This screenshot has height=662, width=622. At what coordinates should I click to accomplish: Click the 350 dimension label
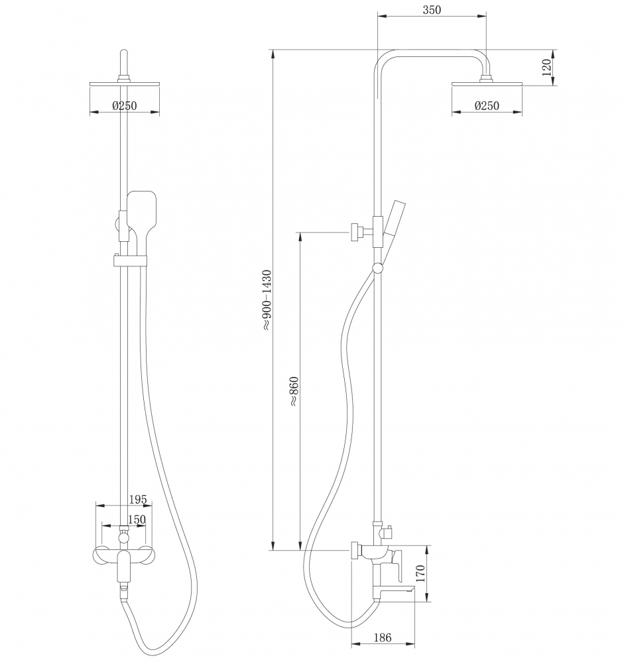click(432, 10)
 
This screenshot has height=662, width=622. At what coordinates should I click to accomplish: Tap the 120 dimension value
click(546, 68)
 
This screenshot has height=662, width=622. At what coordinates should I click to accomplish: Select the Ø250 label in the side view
click(487, 105)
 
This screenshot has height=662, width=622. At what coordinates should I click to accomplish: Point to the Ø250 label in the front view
click(125, 105)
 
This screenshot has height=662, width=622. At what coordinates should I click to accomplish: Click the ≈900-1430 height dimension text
click(267, 300)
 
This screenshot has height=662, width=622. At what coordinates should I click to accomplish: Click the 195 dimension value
click(138, 500)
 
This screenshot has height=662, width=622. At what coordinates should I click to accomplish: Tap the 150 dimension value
click(137, 520)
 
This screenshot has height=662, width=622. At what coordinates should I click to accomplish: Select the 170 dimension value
click(420, 573)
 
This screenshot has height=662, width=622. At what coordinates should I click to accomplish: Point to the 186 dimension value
click(383, 637)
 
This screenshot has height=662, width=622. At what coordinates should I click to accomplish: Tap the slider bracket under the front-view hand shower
click(130, 260)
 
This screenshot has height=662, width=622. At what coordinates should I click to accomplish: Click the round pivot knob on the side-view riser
click(378, 267)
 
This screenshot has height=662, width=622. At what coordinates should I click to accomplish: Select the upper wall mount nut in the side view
click(355, 232)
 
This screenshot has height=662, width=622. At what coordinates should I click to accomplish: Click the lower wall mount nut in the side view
click(355, 550)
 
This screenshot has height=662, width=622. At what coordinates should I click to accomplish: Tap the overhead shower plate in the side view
click(487, 84)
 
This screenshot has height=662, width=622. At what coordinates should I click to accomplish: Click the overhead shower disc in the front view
click(125, 84)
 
